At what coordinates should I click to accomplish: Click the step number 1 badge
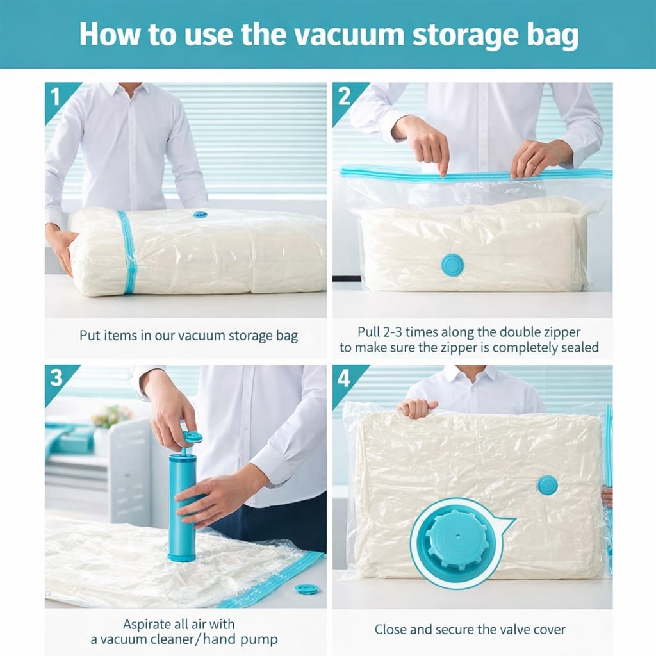(x=56, y=97)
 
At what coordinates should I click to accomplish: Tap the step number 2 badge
(x=344, y=97)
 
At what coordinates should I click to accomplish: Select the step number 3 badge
(x=56, y=378)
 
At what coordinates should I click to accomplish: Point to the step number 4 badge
(x=344, y=379)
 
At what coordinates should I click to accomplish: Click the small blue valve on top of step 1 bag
(x=200, y=215)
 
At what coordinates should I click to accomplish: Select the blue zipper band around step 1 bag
(x=127, y=252)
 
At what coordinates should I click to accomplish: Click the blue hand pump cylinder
(x=183, y=507)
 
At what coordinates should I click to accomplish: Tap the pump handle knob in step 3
(x=192, y=438)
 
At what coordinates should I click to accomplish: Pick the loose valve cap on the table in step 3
(x=307, y=589)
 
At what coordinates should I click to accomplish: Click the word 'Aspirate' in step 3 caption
(x=149, y=625)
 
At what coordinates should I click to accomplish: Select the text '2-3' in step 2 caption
(x=392, y=332)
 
